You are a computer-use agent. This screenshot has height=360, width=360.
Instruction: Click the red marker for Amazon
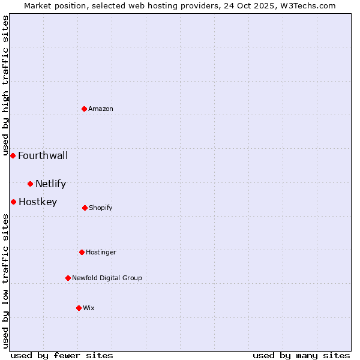(85, 109)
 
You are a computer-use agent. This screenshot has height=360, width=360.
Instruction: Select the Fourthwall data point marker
(13, 155)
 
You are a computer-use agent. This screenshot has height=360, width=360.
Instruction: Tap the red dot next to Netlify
(30, 184)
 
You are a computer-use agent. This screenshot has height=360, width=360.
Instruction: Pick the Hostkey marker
(13, 202)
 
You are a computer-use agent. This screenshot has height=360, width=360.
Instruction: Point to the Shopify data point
(85, 208)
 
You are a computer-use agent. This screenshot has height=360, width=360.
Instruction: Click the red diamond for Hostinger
(82, 252)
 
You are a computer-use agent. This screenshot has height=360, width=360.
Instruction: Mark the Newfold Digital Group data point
(68, 278)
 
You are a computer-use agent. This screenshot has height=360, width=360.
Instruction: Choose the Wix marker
(79, 308)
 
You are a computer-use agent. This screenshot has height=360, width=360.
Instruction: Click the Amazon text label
(101, 109)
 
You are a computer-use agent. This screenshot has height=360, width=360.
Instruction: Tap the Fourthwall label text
(43, 155)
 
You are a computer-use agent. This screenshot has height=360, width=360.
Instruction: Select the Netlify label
(50, 184)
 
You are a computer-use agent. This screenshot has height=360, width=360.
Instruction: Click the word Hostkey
(38, 202)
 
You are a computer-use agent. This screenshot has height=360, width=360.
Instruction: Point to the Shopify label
(101, 208)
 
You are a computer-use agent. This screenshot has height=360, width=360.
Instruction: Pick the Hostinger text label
(101, 252)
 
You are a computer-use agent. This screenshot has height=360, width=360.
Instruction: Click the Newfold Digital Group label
(107, 278)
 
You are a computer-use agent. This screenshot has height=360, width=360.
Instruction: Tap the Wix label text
(89, 308)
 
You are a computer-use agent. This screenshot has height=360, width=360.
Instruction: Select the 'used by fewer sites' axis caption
(62, 355)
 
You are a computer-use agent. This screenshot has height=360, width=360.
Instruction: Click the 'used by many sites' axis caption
(301, 355)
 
